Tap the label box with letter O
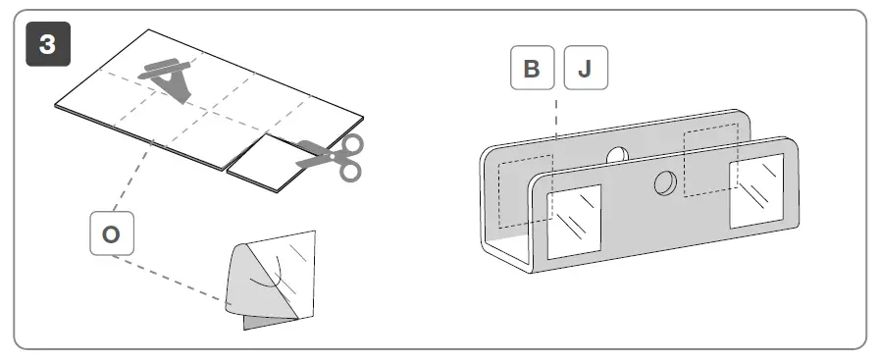pos(112,233)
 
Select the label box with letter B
pos(532,68)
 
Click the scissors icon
pos(334,156)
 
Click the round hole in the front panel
pos(664,182)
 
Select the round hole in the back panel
pos(617,154)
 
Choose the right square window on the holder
pos(756,187)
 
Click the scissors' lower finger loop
pos(348,170)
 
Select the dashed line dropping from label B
pos(556,128)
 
